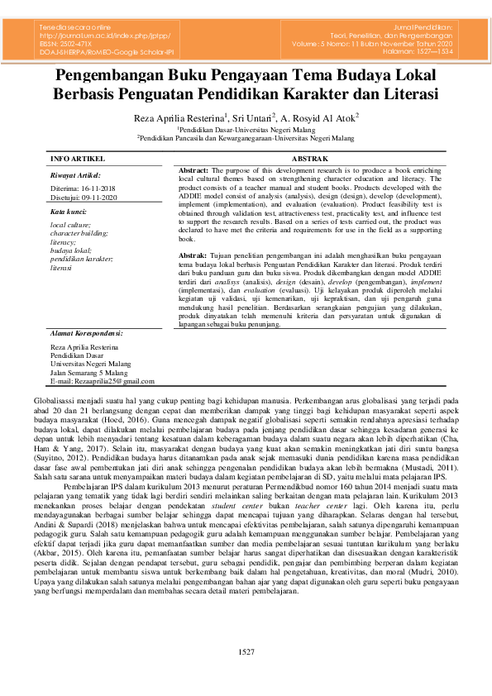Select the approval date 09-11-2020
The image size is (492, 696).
(106, 197)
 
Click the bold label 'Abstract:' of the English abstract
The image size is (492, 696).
(193, 169)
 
